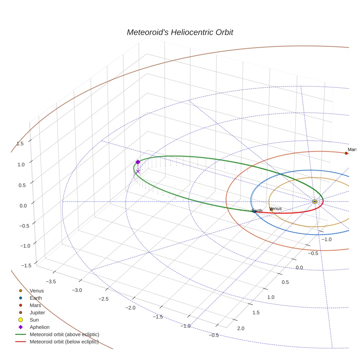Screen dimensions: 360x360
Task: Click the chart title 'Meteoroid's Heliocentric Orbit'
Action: click(x=180, y=32)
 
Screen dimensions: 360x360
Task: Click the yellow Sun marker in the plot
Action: click(x=315, y=202)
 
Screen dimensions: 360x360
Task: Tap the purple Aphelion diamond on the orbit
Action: click(x=138, y=162)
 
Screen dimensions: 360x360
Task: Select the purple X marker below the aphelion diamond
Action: click(x=138, y=171)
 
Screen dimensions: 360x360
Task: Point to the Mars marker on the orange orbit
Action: click(x=346, y=153)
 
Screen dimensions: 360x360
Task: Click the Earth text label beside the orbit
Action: click(x=257, y=211)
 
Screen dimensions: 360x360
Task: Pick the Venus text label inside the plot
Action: click(x=275, y=209)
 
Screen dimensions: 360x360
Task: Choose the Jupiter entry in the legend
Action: click(x=37, y=313)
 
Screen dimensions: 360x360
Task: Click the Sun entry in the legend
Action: click(x=34, y=320)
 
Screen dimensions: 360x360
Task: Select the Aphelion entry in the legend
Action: click(x=40, y=327)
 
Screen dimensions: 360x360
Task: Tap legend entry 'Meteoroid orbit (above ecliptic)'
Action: click(x=64, y=334)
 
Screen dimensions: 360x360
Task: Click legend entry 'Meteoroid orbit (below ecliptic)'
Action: click(x=64, y=342)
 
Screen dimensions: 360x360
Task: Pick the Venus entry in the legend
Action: click(x=37, y=291)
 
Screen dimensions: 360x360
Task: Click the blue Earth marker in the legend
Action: click(x=21, y=298)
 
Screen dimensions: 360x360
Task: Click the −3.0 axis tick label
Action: click(x=77, y=290)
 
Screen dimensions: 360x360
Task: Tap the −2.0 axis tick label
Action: click(x=131, y=307)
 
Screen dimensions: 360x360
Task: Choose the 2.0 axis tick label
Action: click(x=241, y=328)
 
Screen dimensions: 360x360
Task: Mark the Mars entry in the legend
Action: click(x=35, y=305)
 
